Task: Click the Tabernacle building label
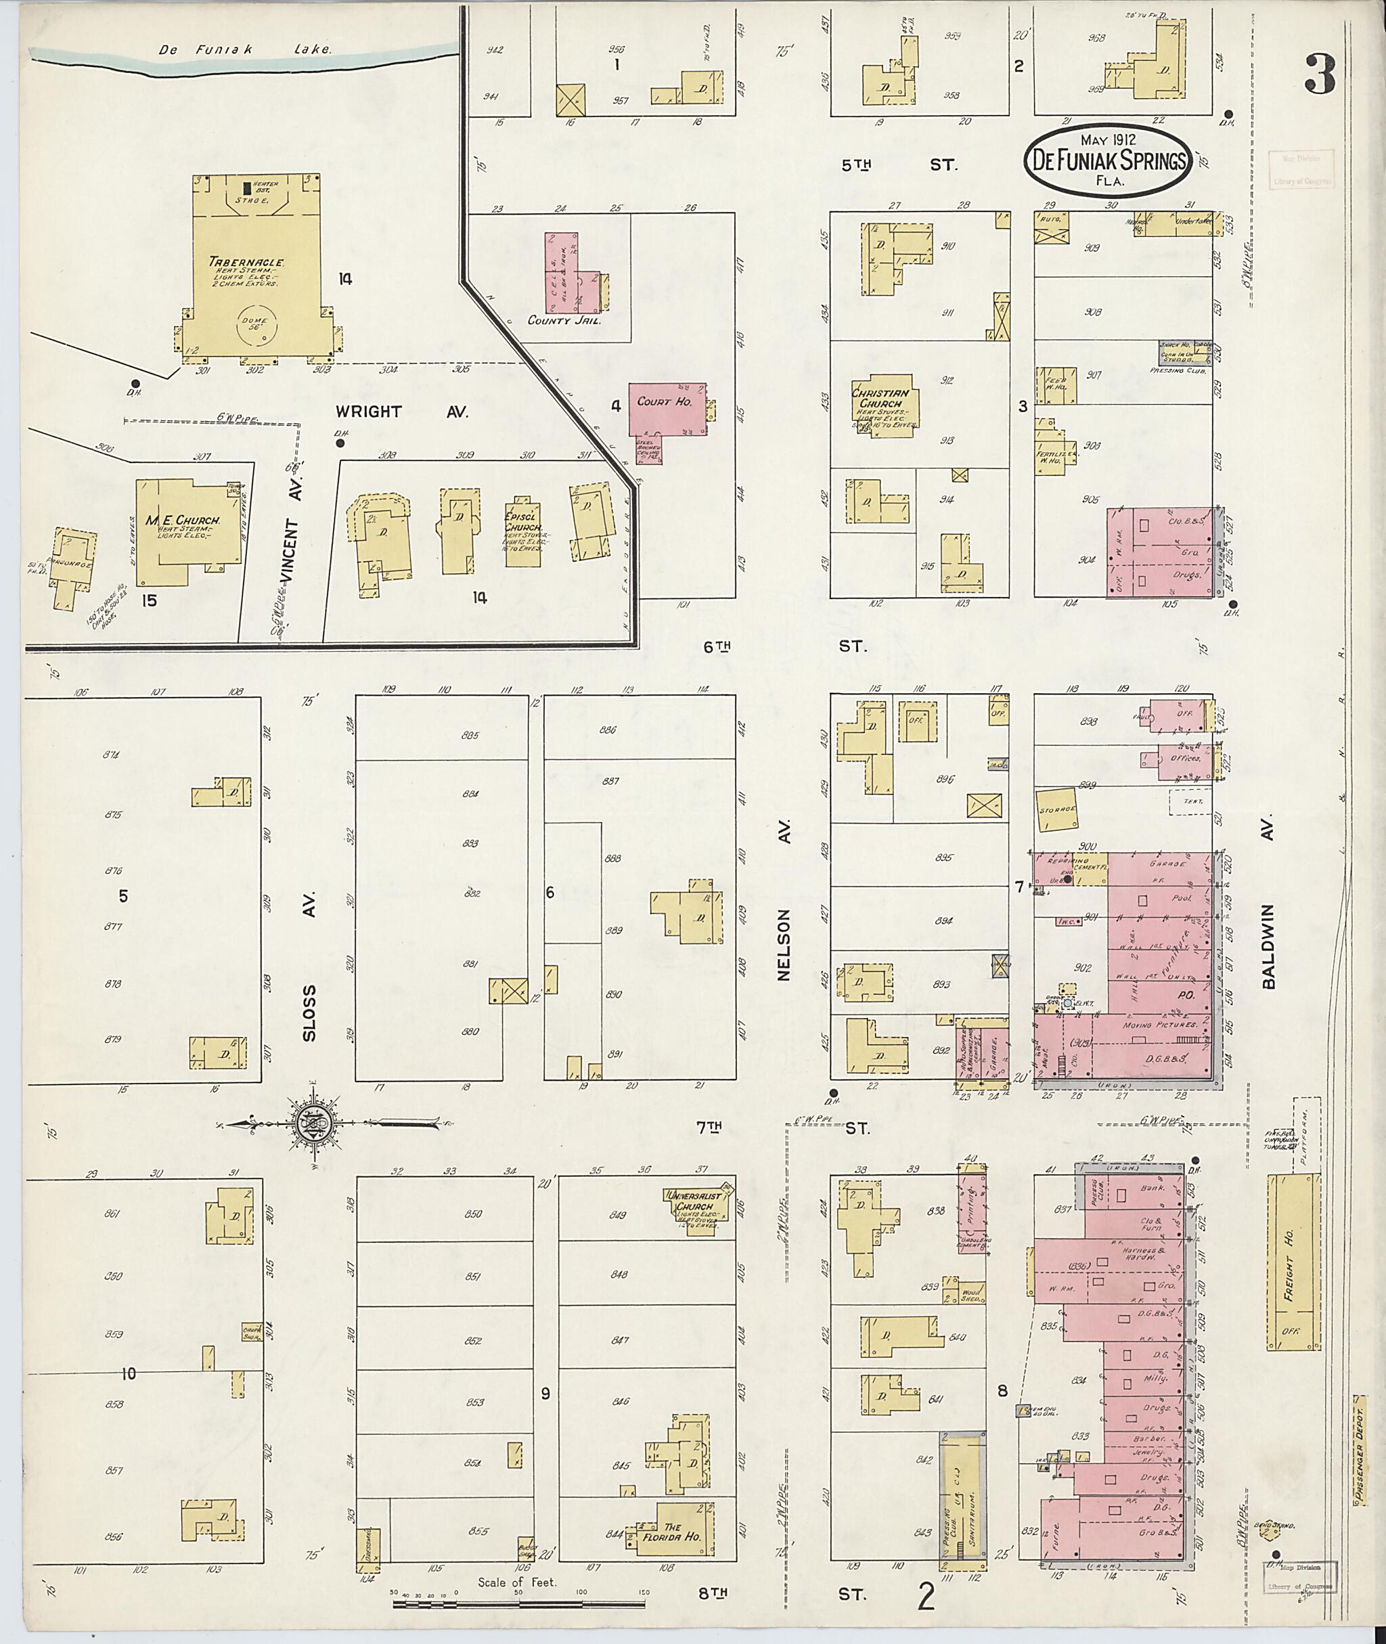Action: click(246, 263)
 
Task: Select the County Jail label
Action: click(564, 320)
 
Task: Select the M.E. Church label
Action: click(182, 520)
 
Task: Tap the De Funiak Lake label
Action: click(245, 49)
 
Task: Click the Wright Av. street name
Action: click(401, 412)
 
